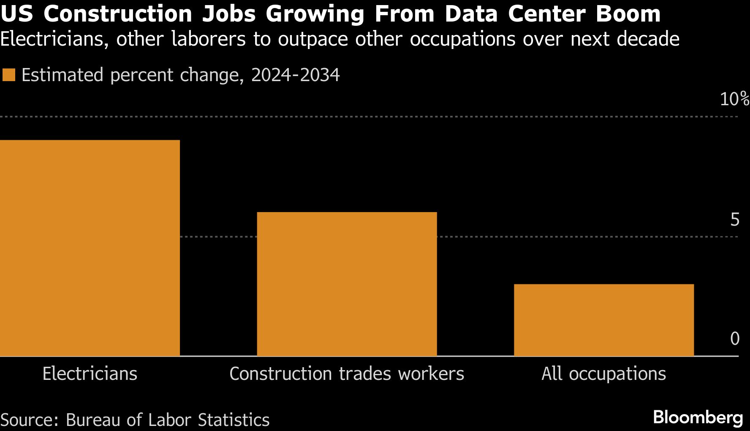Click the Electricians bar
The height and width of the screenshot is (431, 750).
point(90,248)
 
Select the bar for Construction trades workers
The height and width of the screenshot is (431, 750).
point(347,284)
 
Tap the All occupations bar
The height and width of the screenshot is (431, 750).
point(603,320)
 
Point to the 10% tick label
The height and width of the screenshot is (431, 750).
point(734,99)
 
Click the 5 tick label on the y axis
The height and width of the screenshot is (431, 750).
point(735,220)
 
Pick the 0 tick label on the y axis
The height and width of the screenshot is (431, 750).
point(735,339)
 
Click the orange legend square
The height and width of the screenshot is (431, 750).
point(9,75)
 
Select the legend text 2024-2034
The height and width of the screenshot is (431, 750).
point(295,75)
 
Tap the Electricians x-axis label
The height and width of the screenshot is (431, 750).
point(90,374)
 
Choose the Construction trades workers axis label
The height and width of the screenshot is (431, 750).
point(347,374)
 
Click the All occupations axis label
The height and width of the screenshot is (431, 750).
point(603,374)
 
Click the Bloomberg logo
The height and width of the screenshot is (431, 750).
point(698,417)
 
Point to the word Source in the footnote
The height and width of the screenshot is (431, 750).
point(29,420)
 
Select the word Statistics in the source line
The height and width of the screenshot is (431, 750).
point(234,420)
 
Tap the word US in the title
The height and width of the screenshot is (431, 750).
point(17,14)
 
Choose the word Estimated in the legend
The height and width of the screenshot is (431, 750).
point(62,75)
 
